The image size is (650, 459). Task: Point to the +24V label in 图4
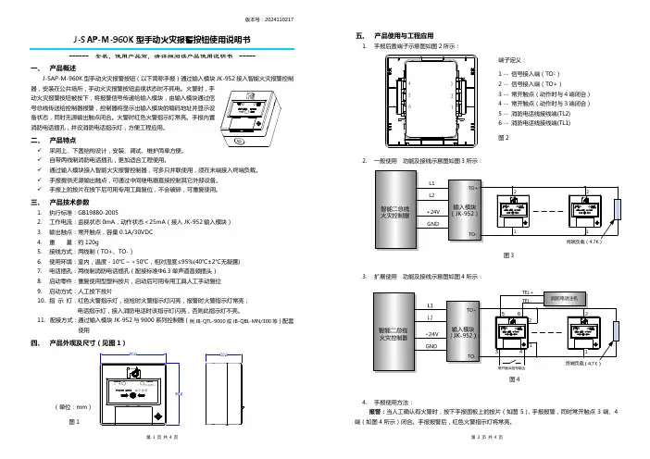point(430,332)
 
